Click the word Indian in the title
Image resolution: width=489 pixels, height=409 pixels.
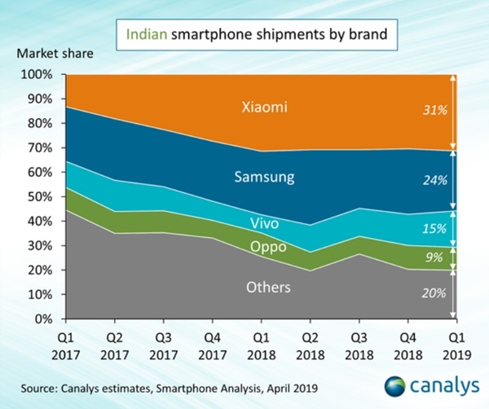(x=147, y=34)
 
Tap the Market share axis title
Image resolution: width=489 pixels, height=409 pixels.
(x=55, y=53)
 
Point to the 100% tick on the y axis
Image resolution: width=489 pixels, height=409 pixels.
(x=37, y=74)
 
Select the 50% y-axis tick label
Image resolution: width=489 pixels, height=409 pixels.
(x=40, y=196)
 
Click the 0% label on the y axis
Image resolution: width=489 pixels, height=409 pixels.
(x=43, y=319)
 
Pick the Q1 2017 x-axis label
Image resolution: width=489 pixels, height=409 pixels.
(x=66, y=346)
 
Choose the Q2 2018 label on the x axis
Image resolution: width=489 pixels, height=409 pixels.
(x=311, y=346)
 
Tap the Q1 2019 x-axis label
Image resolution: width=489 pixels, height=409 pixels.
(x=457, y=346)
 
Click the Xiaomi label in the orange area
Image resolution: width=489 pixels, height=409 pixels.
(x=264, y=107)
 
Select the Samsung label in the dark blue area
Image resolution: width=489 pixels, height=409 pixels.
(x=264, y=177)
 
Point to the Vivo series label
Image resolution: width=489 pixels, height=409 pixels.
(x=264, y=223)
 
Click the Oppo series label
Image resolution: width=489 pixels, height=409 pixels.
(x=268, y=247)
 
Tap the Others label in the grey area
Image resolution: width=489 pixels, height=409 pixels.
(x=268, y=287)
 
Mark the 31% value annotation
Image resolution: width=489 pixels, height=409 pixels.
(x=435, y=110)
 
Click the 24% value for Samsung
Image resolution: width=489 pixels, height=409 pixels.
(x=435, y=180)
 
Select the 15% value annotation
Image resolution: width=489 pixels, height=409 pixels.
(x=434, y=228)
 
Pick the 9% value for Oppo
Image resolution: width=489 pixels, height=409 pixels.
(x=434, y=257)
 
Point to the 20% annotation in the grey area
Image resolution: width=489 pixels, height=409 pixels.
(x=434, y=293)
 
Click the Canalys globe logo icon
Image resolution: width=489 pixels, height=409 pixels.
(x=394, y=386)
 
